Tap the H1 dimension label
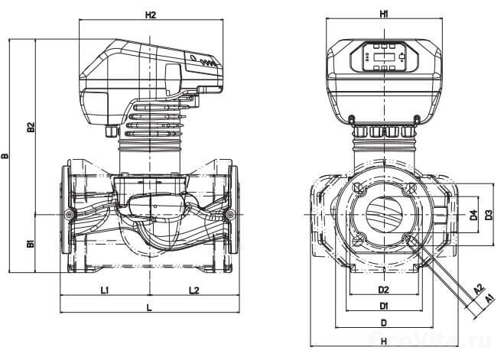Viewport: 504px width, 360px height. (384, 14)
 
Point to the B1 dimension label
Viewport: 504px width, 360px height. (31, 245)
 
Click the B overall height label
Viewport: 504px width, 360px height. (5, 157)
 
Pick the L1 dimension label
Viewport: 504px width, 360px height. (106, 290)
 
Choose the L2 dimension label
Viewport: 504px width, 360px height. (193, 290)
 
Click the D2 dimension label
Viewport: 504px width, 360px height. (384, 290)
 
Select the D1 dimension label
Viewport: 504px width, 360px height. (384, 306)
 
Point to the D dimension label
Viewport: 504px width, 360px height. (384, 323)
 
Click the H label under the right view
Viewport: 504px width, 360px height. (384, 341)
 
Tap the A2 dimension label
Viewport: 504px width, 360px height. (478, 290)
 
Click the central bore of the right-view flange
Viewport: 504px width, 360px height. (384, 215)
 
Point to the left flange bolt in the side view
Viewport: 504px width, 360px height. (70, 216)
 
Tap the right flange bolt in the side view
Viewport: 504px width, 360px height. (230, 216)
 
